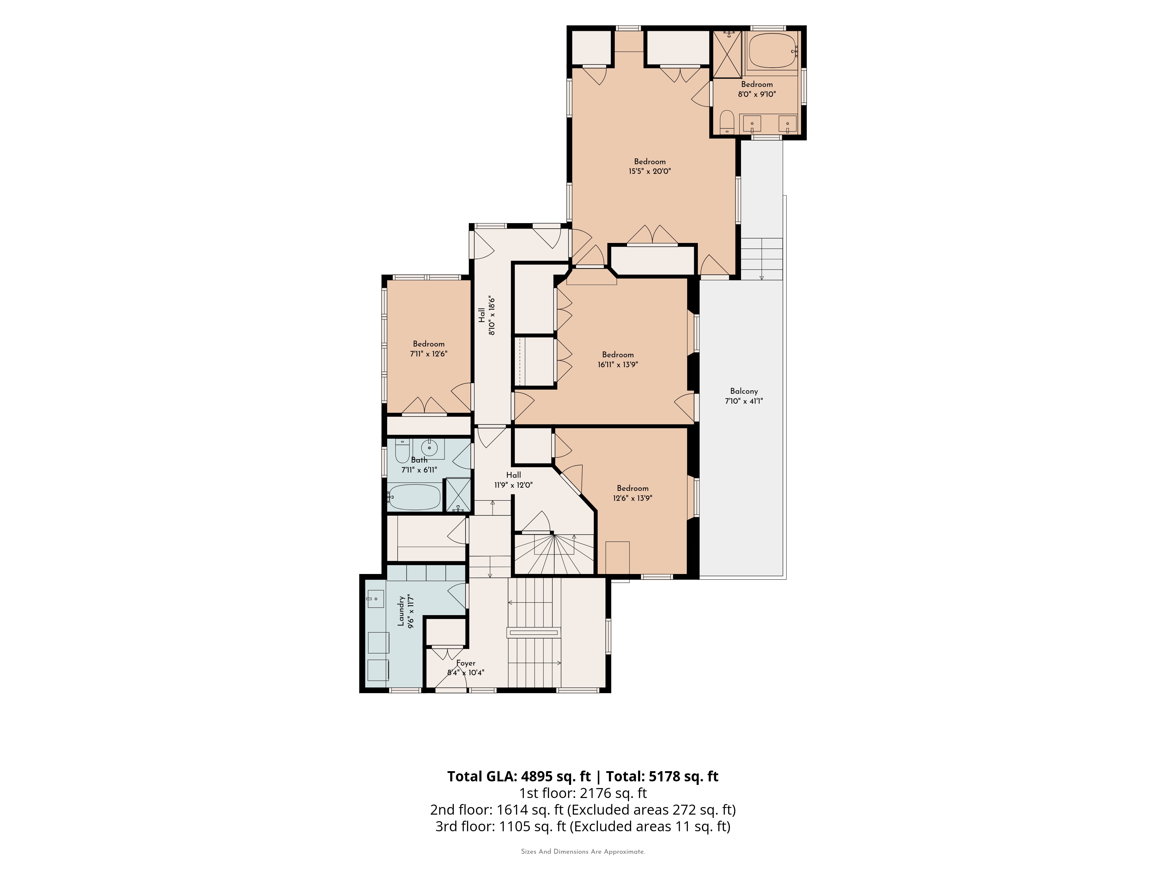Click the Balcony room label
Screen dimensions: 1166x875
(x=744, y=391)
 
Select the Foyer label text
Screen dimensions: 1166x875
(x=466, y=663)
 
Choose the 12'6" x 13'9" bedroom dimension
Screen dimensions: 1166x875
(x=633, y=498)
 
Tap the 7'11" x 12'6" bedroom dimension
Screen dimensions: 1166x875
(x=429, y=354)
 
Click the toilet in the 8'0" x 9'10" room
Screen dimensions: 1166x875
(x=727, y=122)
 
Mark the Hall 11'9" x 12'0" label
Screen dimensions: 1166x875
(x=513, y=480)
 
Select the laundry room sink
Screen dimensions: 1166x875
(x=376, y=599)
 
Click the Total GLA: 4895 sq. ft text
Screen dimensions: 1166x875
(x=519, y=776)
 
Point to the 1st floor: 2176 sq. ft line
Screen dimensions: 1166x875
(x=583, y=793)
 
